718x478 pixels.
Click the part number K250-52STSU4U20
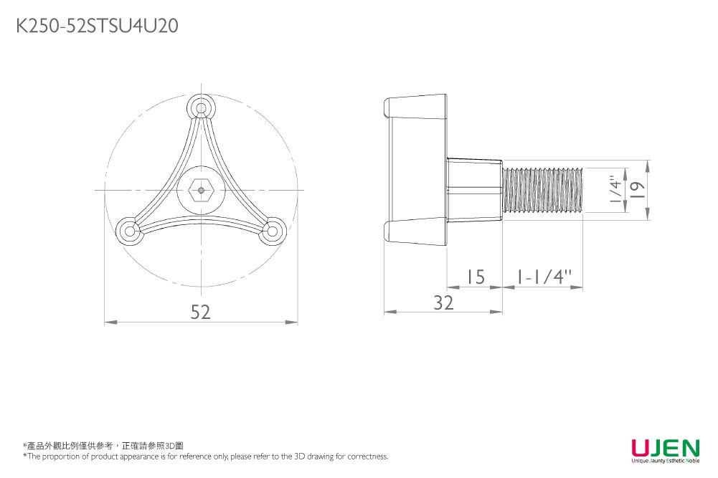(x=97, y=26)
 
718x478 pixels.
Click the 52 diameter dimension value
(x=201, y=312)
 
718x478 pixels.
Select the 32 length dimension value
(x=443, y=303)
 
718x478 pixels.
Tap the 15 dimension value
(x=476, y=277)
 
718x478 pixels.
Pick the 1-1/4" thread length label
(x=544, y=277)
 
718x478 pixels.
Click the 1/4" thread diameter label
(x=616, y=190)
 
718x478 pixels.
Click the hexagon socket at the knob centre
(x=201, y=190)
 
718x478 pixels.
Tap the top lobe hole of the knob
(x=201, y=108)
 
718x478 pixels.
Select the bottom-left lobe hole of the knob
(x=130, y=230)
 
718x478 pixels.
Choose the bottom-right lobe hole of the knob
(x=272, y=231)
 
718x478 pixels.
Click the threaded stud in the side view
(x=542, y=190)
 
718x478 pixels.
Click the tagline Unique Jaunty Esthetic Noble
(x=666, y=461)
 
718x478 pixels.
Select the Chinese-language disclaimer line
(x=103, y=446)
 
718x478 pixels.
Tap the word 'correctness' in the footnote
(x=367, y=457)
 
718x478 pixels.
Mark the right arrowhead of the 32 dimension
(x=496, y=312)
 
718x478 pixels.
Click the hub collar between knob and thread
(x=474, y=190)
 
